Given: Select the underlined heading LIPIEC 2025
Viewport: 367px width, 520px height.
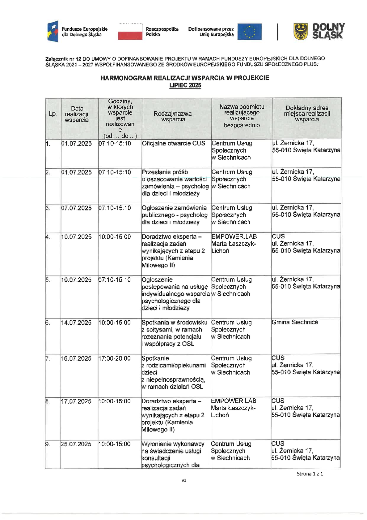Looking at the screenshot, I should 185,85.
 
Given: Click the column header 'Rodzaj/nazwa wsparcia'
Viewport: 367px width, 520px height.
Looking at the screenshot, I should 173,116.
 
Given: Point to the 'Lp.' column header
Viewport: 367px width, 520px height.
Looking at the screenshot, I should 53,114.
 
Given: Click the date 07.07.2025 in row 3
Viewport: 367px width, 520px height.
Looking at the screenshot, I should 76,208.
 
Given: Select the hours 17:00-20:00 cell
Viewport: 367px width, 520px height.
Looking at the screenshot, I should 114,358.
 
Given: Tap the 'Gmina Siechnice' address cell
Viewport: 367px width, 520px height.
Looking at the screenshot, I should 295,322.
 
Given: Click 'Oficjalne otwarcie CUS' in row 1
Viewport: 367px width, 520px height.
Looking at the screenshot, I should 173,143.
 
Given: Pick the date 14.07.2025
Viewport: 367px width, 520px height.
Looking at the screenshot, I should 76,323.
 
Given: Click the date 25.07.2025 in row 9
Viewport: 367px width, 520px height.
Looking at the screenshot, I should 76,444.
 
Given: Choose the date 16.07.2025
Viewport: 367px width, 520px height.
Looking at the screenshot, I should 76,358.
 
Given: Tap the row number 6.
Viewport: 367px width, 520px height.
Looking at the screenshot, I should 48,323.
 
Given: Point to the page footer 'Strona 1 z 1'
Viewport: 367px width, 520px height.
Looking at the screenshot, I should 310,474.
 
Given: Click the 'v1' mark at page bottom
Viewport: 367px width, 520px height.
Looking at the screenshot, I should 184,481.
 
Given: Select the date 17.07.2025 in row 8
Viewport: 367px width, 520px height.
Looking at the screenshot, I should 76,401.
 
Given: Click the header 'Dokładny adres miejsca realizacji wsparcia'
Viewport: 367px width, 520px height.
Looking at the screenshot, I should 307,114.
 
